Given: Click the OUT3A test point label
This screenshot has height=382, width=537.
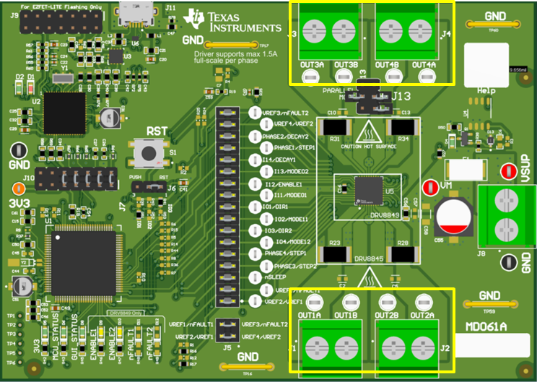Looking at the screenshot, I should click(311, 65).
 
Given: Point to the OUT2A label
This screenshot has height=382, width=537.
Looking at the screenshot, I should click(422, 316).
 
